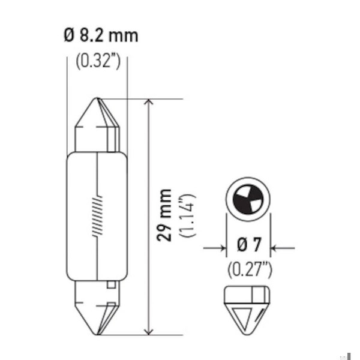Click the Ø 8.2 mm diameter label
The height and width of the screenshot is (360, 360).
[101, 35]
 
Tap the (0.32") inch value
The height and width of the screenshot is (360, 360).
[98, 61]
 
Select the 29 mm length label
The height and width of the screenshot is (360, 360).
[164, 215]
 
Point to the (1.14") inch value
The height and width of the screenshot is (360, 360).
[188, 215]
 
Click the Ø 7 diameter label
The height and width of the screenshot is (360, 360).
[249, 245]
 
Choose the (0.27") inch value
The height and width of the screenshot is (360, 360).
[250, 269]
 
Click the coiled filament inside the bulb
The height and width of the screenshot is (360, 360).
[97, 216]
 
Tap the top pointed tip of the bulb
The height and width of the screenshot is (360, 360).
[97, 98]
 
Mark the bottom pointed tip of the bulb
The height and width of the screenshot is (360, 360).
[97, 334]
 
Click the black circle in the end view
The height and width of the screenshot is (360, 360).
[247, 199]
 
